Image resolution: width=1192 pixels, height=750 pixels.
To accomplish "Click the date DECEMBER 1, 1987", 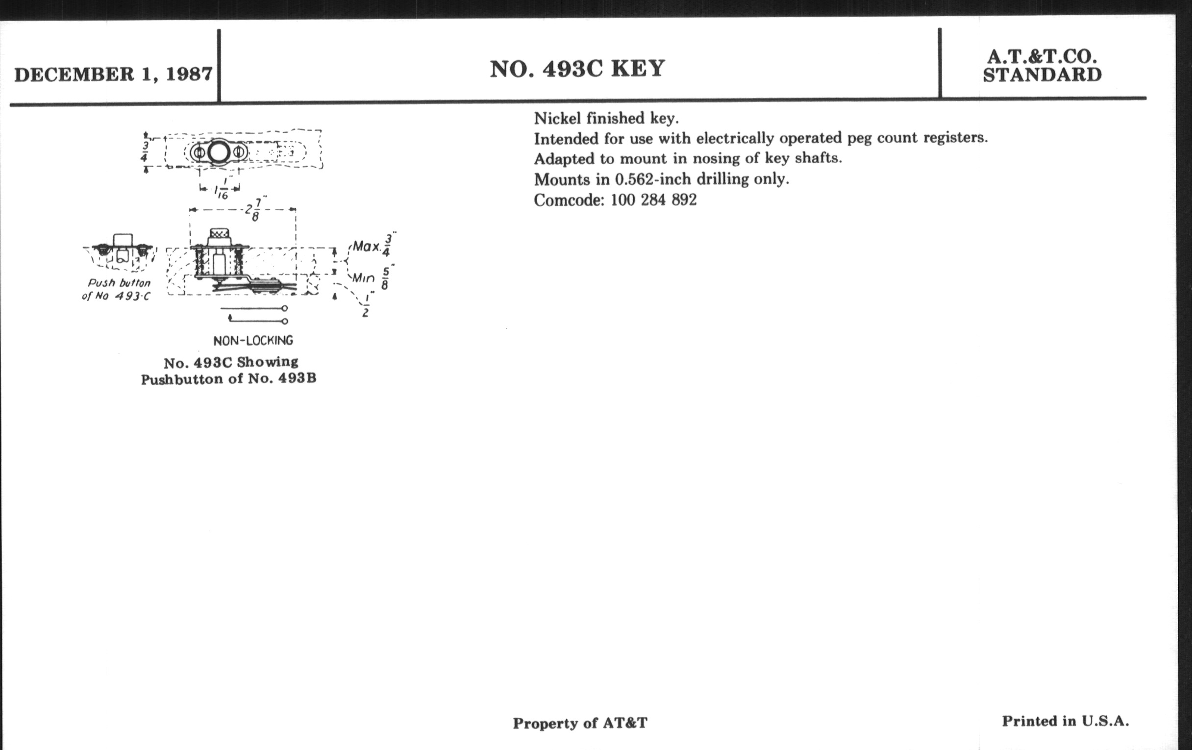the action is [113, 75].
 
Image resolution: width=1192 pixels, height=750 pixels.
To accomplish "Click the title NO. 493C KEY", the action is [577, 69].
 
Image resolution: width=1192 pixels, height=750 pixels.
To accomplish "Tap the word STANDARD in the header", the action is [1042, 75].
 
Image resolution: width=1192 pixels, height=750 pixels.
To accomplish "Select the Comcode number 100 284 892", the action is [653, 200].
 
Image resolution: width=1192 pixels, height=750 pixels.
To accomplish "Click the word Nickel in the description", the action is [557, 118].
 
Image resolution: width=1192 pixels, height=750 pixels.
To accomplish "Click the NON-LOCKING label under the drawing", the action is [253, 341].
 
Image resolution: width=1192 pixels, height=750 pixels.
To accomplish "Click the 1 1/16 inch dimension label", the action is [221, 189].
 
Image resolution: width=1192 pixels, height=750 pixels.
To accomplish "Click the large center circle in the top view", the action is [218, 152].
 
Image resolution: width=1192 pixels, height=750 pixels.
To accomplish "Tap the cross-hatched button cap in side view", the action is [219, 233].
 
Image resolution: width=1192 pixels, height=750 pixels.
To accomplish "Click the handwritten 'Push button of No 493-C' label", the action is [117, 290].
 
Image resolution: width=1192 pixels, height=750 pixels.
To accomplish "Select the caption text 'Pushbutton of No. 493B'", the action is [229, 379].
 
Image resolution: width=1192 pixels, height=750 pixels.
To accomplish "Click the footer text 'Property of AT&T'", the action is [580, 723].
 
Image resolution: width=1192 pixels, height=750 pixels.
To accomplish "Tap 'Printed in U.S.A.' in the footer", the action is [1065, 721].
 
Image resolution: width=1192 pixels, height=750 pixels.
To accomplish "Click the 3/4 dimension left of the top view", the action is [144, 151].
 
